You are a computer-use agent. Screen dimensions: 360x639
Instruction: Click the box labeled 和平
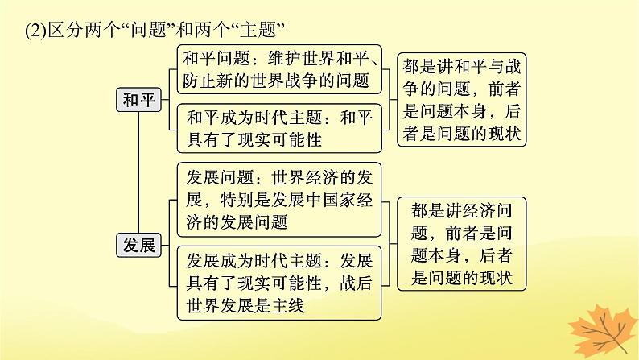[x=139, y=99]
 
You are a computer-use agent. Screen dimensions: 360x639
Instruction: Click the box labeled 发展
[x=139, y=245]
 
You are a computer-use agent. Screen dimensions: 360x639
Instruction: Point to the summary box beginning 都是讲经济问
[x=462, y=244]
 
